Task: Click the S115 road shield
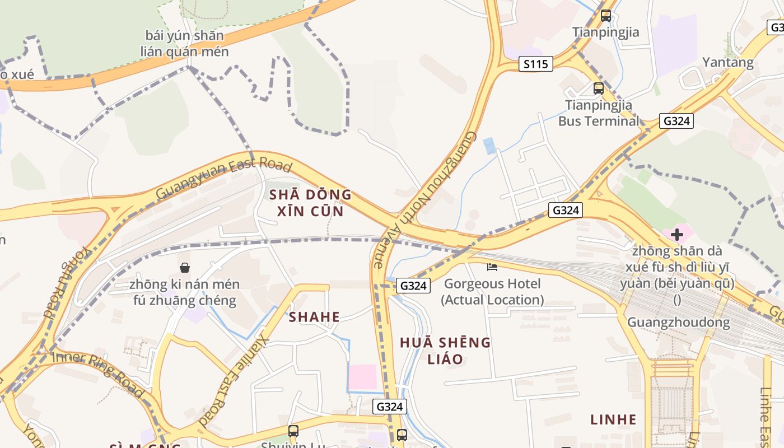point(535,64)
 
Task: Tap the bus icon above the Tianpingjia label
point(606,16)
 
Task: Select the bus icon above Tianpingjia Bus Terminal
point(599,88)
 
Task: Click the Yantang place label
point(728,62)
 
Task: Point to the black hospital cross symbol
point(677,235)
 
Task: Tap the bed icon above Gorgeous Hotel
point(492,267)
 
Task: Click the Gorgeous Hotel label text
point(492,292)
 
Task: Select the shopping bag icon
point(185,268)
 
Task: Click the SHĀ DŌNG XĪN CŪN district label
point(310,203)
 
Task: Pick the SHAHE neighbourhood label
point(314,318)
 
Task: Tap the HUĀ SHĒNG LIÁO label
point(445,350)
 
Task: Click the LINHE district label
point(614,419)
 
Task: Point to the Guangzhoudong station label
point(678,323)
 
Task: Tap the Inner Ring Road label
point(98,367)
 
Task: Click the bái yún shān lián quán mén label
point(185,44)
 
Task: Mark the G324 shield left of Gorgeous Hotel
point(414,286)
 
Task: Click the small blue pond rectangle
point(489,146)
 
